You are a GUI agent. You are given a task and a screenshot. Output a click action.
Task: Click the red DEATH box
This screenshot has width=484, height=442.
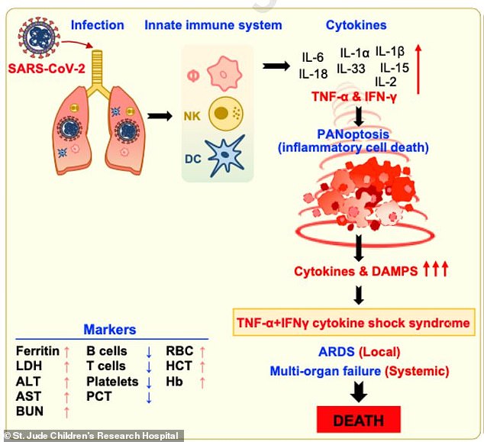click(358, 419)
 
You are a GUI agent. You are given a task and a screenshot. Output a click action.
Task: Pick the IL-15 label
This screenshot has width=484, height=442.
click(393, 68)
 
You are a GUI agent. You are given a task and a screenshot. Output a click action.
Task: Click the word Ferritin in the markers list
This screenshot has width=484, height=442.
click(37, 351)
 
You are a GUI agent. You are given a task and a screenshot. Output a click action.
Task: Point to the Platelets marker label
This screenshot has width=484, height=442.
click(111, 382)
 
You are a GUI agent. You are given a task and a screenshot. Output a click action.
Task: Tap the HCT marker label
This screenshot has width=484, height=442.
click(178, 366)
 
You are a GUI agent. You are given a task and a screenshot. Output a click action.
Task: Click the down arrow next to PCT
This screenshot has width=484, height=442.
click(150, 397)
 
